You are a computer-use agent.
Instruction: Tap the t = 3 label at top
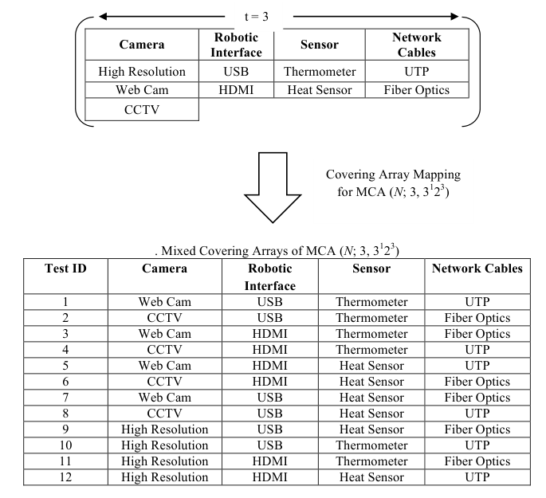click(257, 17)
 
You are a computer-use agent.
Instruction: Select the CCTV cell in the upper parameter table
click(142, 110)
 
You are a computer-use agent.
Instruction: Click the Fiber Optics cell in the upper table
click(417, 90)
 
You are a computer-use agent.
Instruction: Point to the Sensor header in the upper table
click(320, 45)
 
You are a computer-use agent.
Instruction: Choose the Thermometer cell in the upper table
click(320, 72)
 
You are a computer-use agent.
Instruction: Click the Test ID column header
click(65, 269)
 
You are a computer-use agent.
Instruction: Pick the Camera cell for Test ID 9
click(165, 429)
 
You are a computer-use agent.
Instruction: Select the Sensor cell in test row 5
click(371, 366)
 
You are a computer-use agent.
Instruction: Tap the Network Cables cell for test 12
click(477, 477)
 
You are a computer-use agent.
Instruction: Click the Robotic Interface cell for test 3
click(270, 334)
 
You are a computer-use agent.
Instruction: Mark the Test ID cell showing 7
click(65, 398)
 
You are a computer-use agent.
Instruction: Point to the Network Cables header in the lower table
click(477, 269)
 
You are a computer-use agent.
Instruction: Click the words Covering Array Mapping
click(393, 174)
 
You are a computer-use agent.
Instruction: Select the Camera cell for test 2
click(165, 318)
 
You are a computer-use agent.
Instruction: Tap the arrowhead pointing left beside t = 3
click(103, 17)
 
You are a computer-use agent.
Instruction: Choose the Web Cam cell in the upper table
click(142, 90)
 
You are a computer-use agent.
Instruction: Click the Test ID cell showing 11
click(65, 461)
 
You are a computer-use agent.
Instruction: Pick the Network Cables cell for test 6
click(477, 382)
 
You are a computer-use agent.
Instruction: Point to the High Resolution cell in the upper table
click(142, 72)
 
